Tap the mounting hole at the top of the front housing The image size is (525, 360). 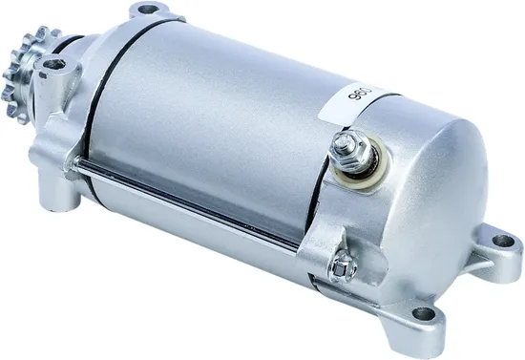click(146, 11)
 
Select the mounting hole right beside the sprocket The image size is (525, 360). click(54, 66)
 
